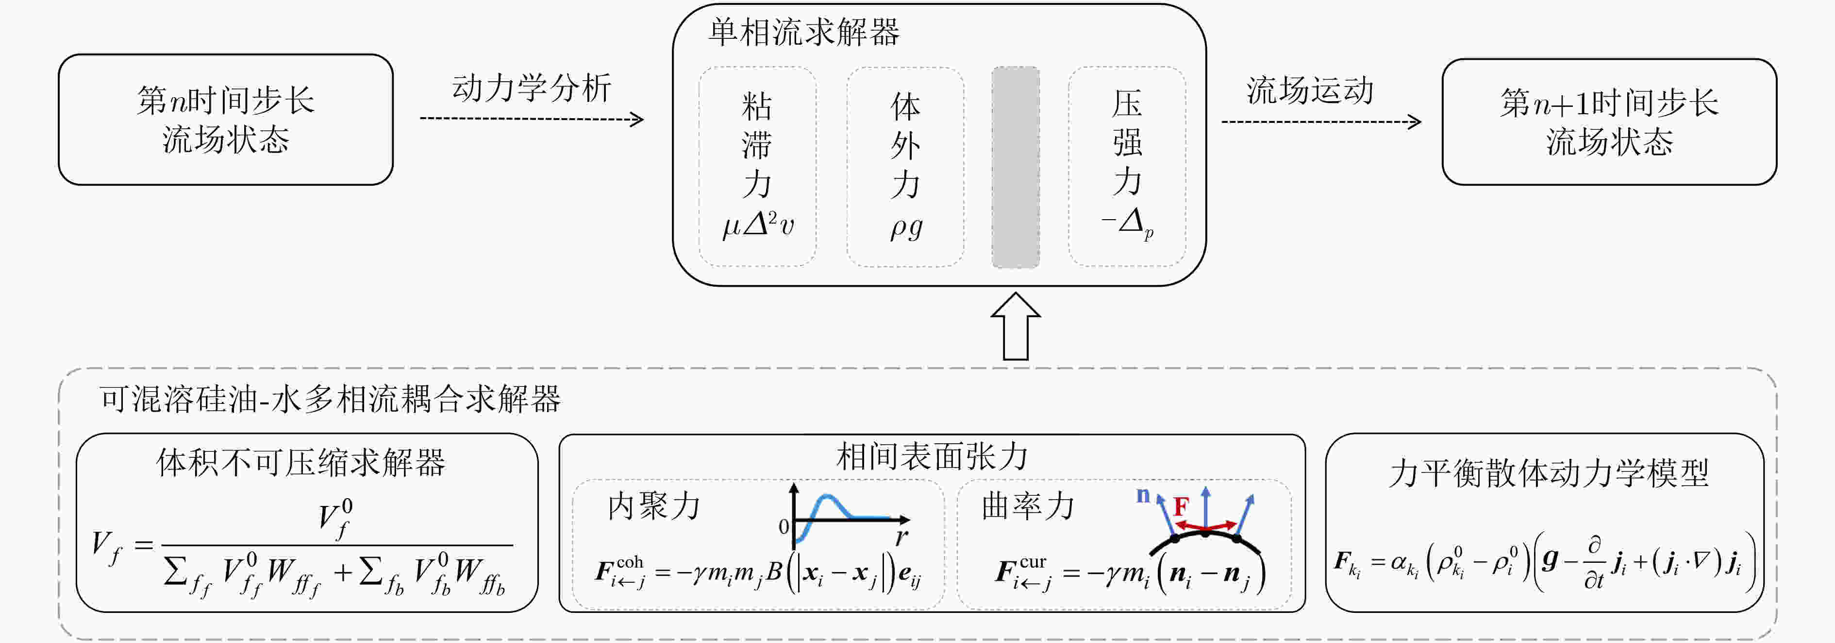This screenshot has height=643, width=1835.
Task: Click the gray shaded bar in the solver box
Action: point(1016,168)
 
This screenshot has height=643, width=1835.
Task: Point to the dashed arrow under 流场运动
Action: point(1321,122)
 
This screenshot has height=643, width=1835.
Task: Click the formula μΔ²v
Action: point(758,225)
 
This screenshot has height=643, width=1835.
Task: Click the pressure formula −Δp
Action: point(1127,224)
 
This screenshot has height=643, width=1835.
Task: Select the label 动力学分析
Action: point(532,87)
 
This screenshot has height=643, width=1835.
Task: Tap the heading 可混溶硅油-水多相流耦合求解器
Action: point(330,399)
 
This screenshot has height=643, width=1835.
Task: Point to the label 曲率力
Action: point(1028,505)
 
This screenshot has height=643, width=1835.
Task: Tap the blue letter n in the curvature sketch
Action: point(1143,495)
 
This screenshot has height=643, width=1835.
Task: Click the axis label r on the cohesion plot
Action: point(902,537)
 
